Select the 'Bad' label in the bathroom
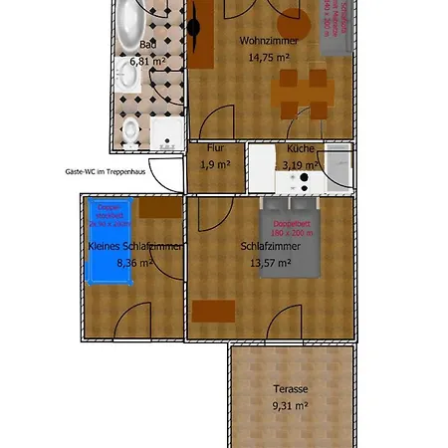[147, 45]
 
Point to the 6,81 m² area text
[147, 60]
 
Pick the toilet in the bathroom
[129, 129]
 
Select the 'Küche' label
[300, 148]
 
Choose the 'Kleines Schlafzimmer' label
[135, 247]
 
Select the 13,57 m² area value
[269, 263]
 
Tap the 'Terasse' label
[292, 389]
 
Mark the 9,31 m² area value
[292, 405]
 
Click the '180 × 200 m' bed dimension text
[299, 233]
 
